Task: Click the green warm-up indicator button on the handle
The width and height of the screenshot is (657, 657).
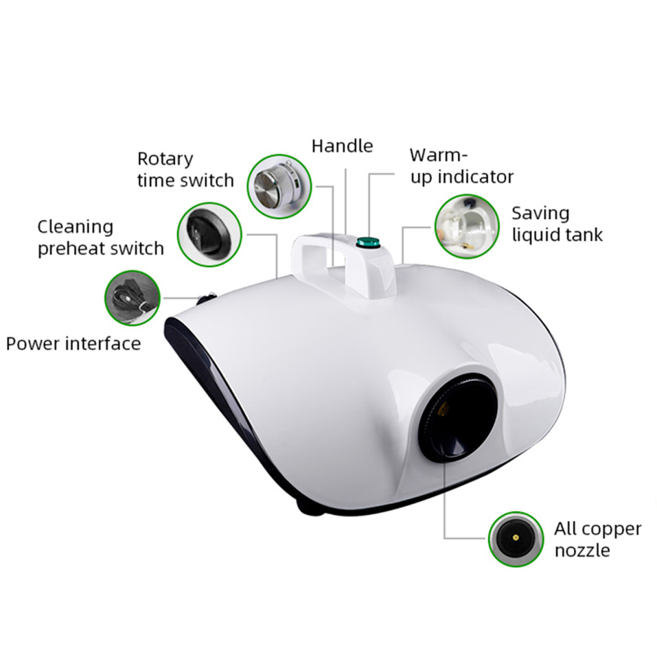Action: point(367,241)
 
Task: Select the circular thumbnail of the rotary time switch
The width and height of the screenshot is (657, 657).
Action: point(279,187)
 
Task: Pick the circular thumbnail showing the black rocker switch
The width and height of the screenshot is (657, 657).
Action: point(209,234)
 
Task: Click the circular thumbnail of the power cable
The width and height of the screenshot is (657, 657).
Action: point(132,298)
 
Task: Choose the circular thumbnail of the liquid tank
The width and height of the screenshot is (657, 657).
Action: point(467,226)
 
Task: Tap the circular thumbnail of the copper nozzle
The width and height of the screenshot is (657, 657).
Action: point(516,539)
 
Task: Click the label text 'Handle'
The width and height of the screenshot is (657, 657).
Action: point(342,146)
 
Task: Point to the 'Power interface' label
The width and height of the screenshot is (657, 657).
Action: point(74,344)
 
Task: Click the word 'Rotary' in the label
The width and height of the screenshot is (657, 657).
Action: point(165,159)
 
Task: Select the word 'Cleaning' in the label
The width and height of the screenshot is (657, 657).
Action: point(75,227)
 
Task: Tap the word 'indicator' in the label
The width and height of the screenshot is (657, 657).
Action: point(475,177)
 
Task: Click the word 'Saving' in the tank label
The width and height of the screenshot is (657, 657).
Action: point(540,214)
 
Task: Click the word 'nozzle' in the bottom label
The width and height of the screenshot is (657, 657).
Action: point(582,551)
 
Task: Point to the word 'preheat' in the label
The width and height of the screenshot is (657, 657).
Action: point(66,249)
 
